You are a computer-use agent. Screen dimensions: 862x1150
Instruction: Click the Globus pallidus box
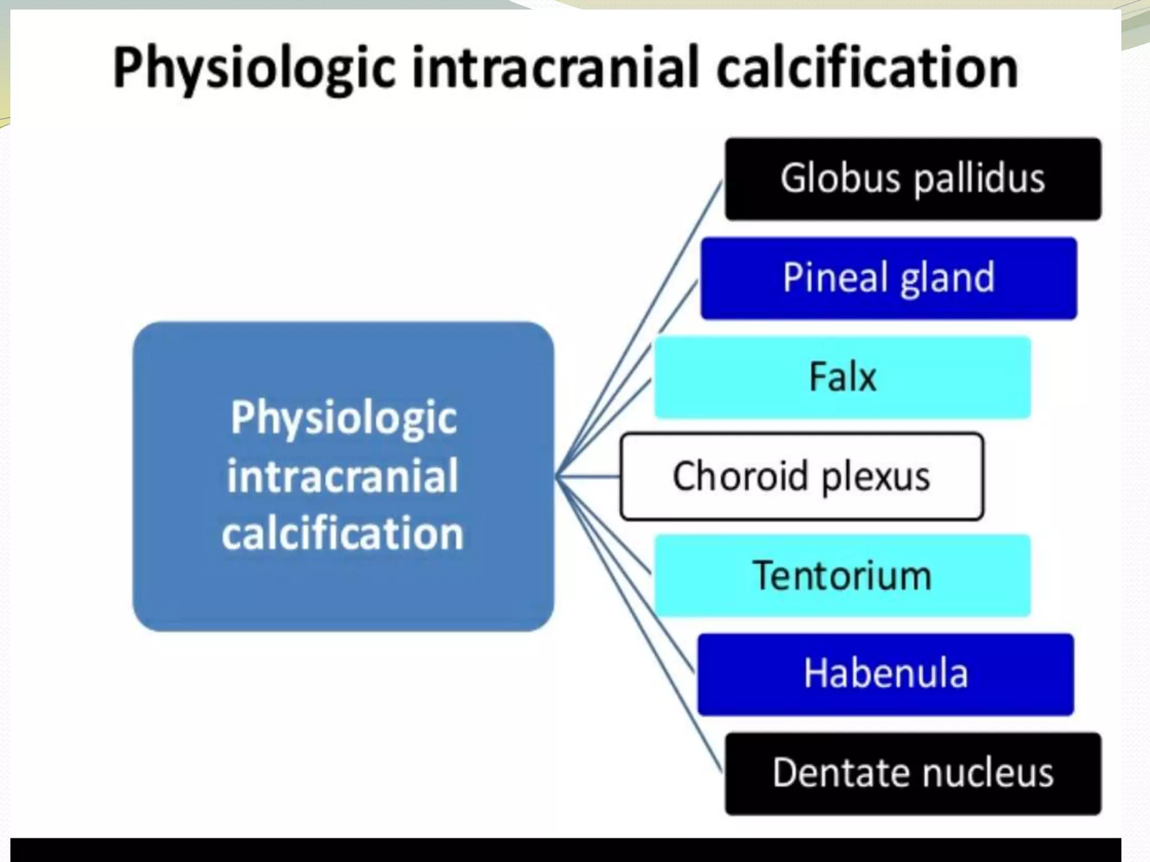point(912,178)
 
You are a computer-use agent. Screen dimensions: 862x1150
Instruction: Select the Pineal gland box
point(888,278)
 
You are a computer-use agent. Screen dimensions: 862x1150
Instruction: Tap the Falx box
point(842,377)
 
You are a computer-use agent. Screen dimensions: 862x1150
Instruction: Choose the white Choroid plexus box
point(801,476)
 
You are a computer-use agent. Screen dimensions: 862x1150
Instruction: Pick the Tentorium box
point(842,576)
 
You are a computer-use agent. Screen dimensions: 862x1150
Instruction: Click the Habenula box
point(886,674)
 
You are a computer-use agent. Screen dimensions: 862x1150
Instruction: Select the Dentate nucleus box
point(912,773)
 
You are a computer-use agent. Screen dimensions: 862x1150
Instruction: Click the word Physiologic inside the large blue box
point(344,418)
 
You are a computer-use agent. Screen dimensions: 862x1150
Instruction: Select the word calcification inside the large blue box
point(343,533)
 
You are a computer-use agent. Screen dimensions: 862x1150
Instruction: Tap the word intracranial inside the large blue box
point(343,476)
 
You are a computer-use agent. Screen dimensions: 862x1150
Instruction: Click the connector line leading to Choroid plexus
point(590,477)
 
